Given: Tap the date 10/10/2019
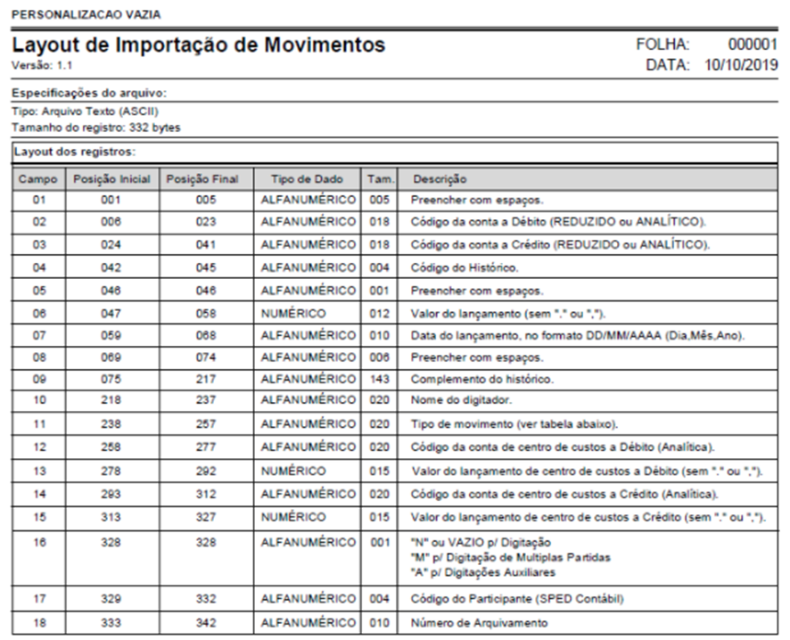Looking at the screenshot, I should [x=740, y=64].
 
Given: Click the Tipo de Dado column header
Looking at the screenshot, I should [x=307, y=178].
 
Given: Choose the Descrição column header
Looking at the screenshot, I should [x=440, y=178].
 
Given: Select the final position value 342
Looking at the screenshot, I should [x=206, y=622].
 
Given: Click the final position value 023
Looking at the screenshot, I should [x=206, y=220].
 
